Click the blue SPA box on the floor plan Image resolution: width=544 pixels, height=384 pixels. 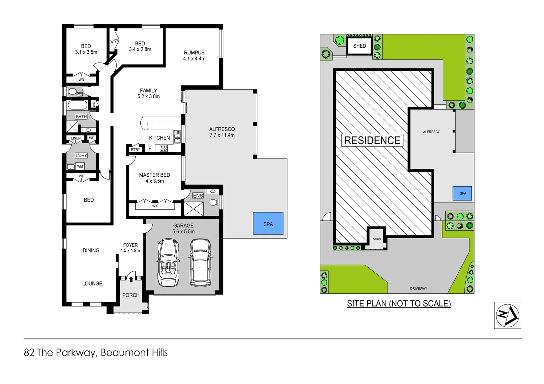point(268,223)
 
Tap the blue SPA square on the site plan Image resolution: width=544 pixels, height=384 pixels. point(462,193)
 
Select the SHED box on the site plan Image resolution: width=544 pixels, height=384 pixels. point(359,46)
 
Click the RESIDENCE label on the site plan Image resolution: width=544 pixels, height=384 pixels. point(372,140)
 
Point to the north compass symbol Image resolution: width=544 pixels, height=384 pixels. point(507,315)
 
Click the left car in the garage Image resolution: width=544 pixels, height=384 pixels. point(168,262)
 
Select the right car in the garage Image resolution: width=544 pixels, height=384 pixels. point(200,262)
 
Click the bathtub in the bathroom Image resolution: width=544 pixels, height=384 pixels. point(77,105)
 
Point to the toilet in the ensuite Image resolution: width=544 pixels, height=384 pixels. point(213,202)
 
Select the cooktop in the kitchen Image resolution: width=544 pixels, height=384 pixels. point(163,148)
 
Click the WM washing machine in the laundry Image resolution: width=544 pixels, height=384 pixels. point(80,166)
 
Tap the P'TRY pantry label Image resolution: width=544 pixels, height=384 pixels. point(135,150)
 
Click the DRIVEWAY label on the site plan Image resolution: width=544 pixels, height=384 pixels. point(418,289)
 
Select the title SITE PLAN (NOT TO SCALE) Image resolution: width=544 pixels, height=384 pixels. point(399,304)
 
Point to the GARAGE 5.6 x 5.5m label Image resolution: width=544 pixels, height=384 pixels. point(183,228)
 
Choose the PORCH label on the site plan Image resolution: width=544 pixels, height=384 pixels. point(376,239)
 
